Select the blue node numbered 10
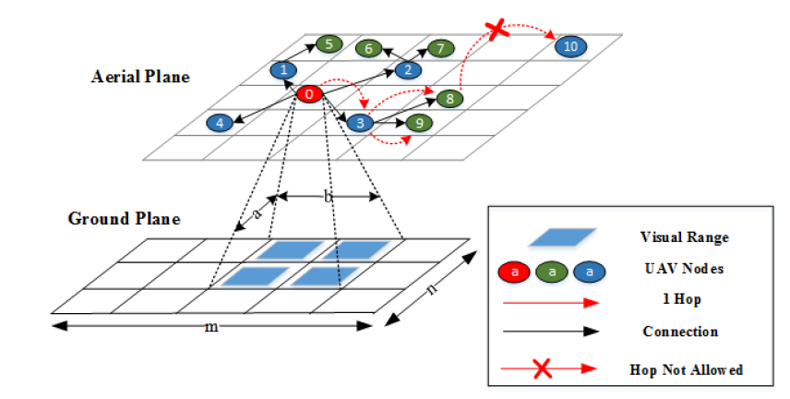[x=569, y=45]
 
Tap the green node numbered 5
[x=329, y=43]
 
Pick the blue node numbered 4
[x=220, y=122]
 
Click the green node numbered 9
[x=419, y=122]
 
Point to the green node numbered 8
[x=449, y=98]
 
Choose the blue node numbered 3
[x=361, y=121]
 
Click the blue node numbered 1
[x=284, y=69]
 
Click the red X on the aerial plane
[x=497, y=30]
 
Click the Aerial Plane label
[x=140, y=76]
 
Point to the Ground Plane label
[x=124, y=219]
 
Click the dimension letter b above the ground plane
[x=327, y=196]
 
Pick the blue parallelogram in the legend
[x=561, y=237]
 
